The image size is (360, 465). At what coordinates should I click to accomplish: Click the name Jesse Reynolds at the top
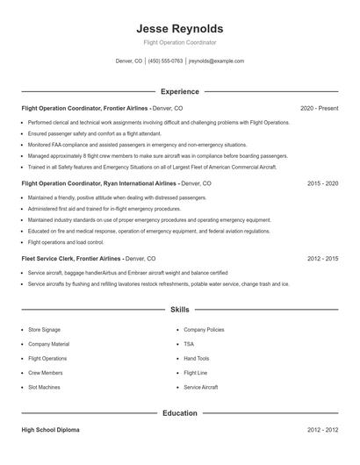pos(180,28)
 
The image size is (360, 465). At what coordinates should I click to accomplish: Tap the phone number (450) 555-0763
pos(165,61)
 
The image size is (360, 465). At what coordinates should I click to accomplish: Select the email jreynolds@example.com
pos(216,61)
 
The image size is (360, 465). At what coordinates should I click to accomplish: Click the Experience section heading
pos(180,91)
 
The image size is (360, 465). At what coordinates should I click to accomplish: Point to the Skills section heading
pos(180,310)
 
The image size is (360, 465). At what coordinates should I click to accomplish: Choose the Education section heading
pos(180,412)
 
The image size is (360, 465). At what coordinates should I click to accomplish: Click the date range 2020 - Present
pos(319,108)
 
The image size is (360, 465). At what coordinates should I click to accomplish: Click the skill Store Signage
pos(44,330)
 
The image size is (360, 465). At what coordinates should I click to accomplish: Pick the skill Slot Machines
pos(45,387)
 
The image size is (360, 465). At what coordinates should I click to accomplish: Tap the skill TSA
pos(189,344)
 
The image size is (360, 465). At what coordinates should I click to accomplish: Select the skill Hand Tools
pos(197,358)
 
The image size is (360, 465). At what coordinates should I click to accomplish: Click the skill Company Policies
pos(204,330)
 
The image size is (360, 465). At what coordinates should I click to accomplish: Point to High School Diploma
pos(50,430)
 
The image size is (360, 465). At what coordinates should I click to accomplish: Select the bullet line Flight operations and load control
pos(66,242)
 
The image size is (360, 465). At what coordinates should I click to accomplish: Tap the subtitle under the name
pos(180,42)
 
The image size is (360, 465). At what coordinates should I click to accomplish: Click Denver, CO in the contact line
pos(128,61)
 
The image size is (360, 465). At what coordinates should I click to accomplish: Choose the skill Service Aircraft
pos(201,387)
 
